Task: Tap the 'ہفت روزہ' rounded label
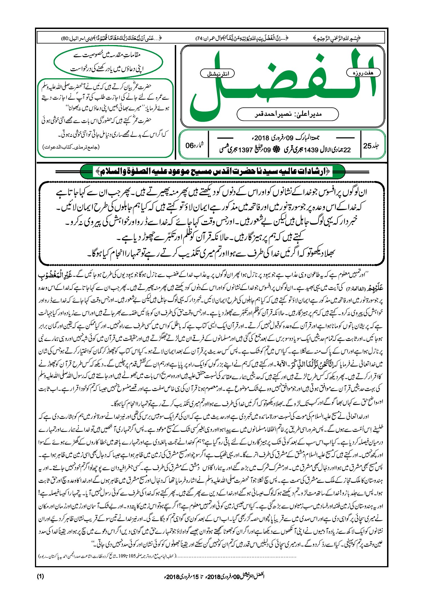[363, 73]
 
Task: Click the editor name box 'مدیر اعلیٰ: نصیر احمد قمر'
[288, 114]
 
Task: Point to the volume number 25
[367, 146]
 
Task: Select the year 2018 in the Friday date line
[262, 138]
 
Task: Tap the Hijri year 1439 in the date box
[311, 150]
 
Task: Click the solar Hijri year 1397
[245, 150]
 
